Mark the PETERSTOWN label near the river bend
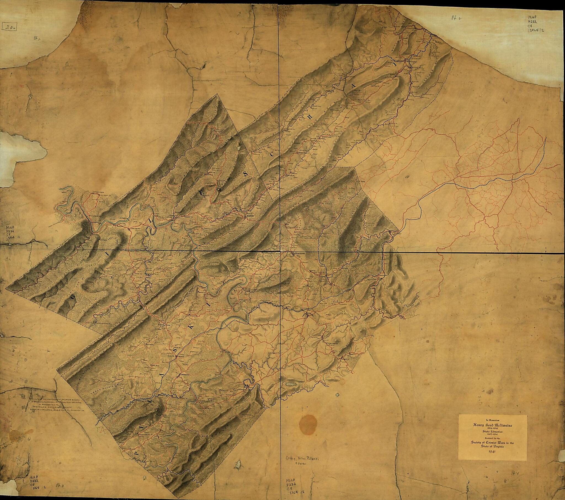click(94, 191)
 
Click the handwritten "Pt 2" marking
click(455, 18)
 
